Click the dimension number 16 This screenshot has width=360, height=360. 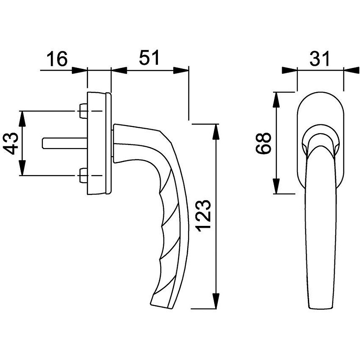click(57, 59)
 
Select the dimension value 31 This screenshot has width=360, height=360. click(319, 59)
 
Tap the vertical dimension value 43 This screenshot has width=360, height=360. click(11, 143)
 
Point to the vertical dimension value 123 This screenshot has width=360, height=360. click(203, 216)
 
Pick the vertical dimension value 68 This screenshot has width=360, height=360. click(263, 143)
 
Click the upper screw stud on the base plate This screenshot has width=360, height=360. click(83, 111)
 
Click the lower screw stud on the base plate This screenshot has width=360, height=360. click(83, 175)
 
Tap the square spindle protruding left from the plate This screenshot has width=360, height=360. click(65, 143)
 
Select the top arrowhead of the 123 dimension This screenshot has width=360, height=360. click(216, 132)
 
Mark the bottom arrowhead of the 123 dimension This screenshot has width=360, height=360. click(216, 301)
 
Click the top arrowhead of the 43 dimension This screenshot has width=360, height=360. click(22, 119)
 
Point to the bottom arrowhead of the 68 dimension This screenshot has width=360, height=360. click(277, 186)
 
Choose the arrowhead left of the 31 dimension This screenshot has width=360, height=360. click(289, 71)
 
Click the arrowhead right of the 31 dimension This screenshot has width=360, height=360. click(351, 71)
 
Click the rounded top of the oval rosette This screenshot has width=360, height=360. click(320, 92)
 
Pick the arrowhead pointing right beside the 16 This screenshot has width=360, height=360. click(80, 71)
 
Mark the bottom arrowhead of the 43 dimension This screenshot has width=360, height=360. click(22, 168)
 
